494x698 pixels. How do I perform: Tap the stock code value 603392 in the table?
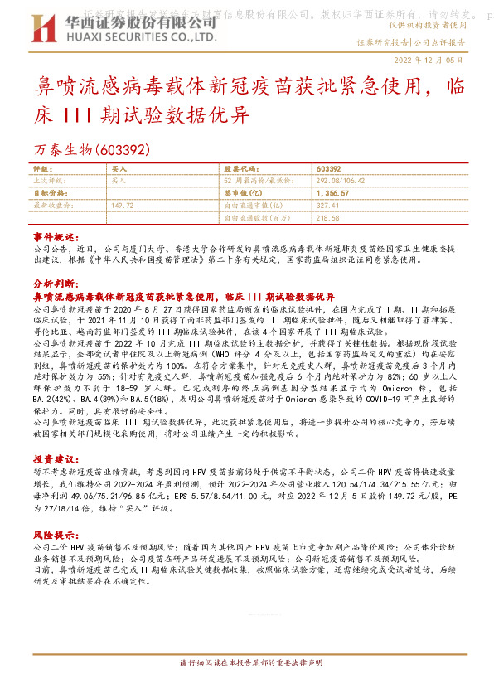tap(329, 167)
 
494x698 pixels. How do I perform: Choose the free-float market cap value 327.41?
tap(329, 204)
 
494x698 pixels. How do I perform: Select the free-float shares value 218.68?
tap(329, 217)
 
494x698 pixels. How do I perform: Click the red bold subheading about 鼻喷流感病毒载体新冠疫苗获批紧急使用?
tap(182, 295)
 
